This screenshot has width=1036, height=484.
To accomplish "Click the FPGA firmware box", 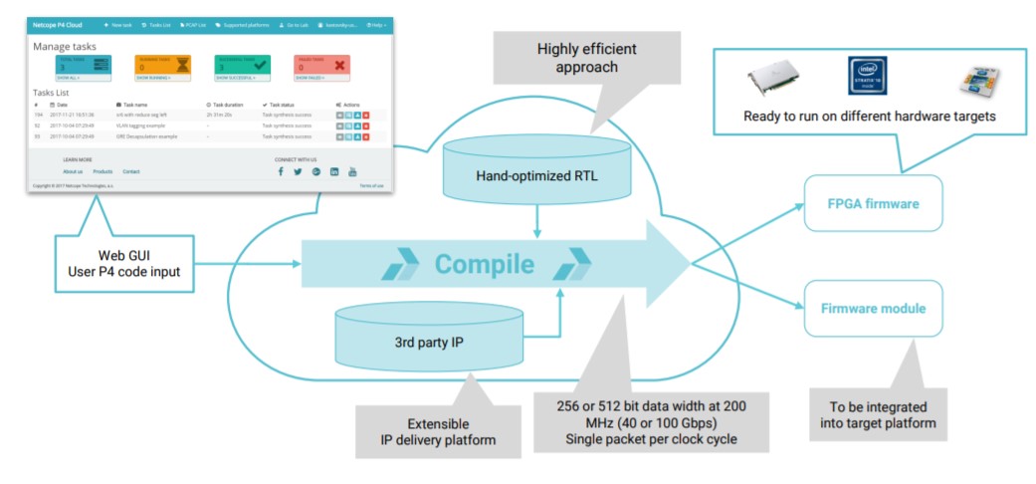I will (x=872, y=203).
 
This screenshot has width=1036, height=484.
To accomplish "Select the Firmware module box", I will (x=872, y=309).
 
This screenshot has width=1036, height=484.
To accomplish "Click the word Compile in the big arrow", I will (x=484, y=265).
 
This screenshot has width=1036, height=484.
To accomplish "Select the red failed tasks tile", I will (x=321, y=67).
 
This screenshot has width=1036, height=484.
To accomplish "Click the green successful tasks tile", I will (x=243, y=67).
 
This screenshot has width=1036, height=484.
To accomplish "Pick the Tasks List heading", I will (x=52, y=92).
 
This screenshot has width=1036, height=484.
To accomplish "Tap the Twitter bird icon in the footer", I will (x=298, y=171).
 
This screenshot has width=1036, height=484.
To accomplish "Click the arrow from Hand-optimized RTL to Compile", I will (x=537, y=222).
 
